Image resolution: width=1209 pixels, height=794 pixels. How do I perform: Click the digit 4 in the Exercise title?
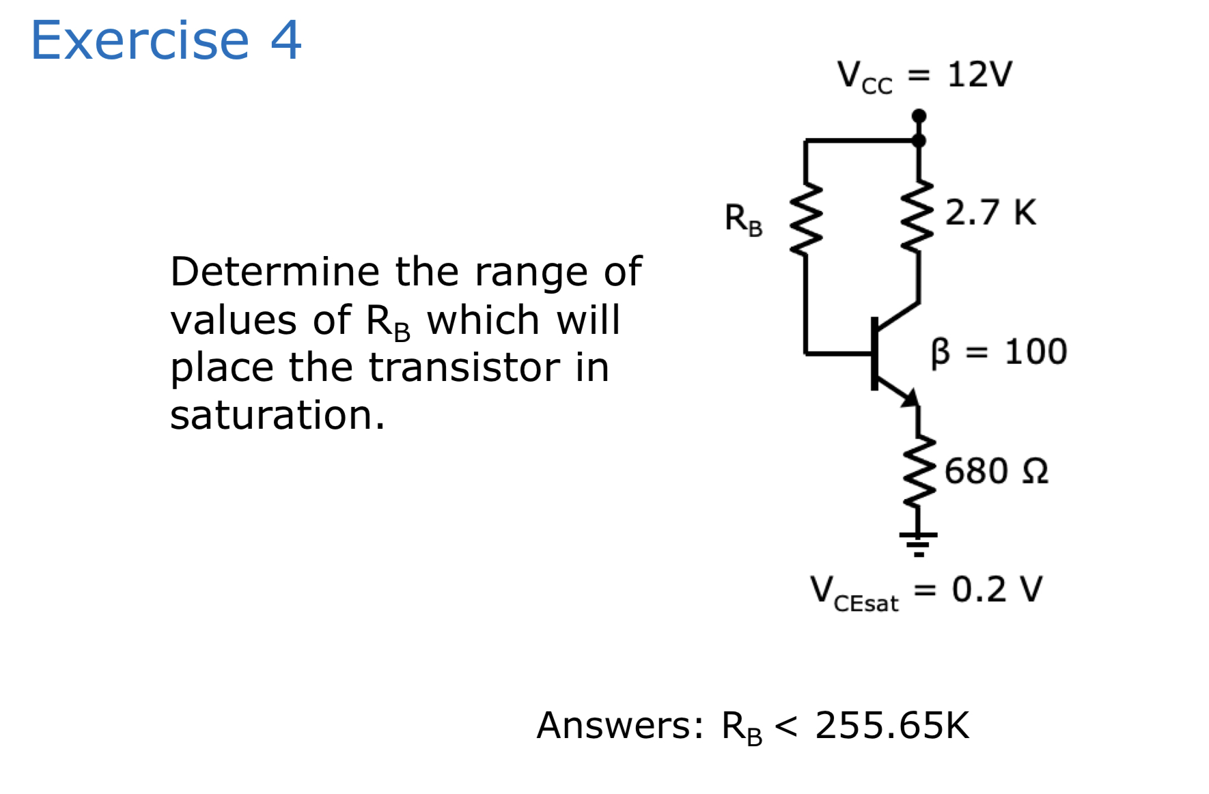tap(286, 40)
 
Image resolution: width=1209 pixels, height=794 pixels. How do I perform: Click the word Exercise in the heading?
tap(140, 40)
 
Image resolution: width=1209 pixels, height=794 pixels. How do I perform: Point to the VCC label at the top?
tap(864, 76)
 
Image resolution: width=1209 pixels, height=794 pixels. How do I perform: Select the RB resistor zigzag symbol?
tap(806, 218)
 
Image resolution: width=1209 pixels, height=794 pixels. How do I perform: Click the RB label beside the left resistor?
tap(743, 220)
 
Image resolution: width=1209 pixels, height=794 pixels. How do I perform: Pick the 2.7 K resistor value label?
tap(990, 212)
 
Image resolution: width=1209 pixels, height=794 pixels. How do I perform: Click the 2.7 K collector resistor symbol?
tap(918, 217)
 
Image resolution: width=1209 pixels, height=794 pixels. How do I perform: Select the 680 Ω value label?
tap(996, 471)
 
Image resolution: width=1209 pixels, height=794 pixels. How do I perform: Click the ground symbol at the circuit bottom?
tap(919, 543)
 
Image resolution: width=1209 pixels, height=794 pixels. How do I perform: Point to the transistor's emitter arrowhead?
tap(911, 397)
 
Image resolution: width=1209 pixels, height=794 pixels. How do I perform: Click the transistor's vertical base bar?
tap(874, 353)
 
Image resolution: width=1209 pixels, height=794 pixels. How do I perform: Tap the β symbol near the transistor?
tap(941, 352)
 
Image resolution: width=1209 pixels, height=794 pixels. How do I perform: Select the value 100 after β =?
tap(1036, 352)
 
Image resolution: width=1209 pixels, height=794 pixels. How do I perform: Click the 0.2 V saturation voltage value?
tap(997, 589)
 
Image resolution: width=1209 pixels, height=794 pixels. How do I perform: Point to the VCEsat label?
tap(854, 593)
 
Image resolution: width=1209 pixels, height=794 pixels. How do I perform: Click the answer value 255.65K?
tap(892, 725)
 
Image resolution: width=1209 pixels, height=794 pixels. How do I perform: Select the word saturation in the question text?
tap(277, 415)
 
